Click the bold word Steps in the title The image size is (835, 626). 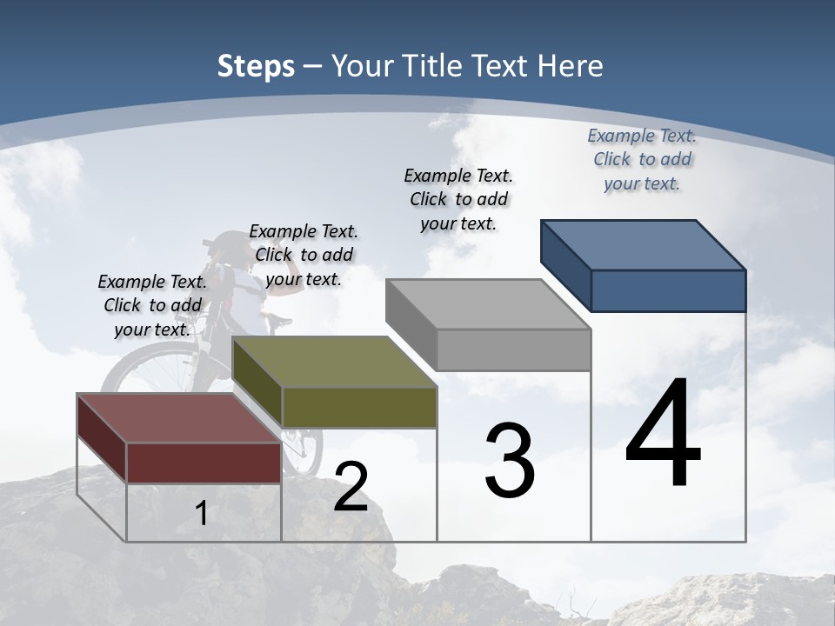pos(255,66)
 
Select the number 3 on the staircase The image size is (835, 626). pos(510,460)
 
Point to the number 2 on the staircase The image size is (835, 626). pos(351,486)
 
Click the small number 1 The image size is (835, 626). pos(202,513)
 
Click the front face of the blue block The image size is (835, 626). pos(668,290)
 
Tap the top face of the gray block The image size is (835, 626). pos(487,304)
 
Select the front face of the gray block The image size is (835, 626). pos(513,350)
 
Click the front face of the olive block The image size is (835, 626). pos(359,407)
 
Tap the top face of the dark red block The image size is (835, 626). pos(178,418)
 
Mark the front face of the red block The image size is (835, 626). pos(204,463)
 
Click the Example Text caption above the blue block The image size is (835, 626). pos(642,159)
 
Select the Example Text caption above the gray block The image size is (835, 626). pos(458,199)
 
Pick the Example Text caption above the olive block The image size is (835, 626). pos(304,255)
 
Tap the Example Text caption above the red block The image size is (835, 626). pos(152,305)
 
